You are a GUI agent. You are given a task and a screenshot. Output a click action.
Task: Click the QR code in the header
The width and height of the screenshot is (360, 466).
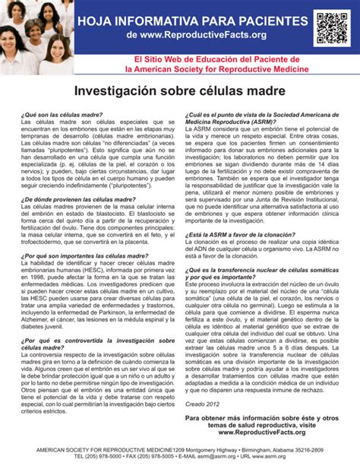[331, 28]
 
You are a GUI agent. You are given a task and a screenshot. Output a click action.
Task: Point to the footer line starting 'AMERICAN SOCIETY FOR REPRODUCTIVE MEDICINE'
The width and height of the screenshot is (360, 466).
[180, 450]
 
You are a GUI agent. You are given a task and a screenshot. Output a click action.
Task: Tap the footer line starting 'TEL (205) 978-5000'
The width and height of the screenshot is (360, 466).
[180, 458]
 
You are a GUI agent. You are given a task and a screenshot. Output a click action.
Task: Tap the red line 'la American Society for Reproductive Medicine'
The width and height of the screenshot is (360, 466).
[217, 68]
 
